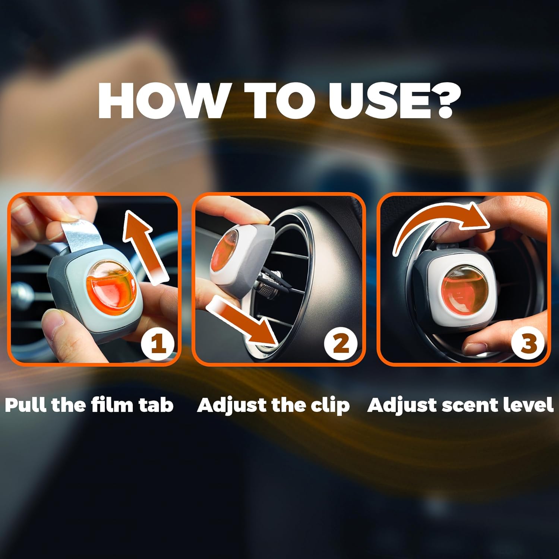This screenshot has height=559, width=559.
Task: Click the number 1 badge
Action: coord(158,344)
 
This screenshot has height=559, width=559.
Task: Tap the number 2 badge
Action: coord(341,344)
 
